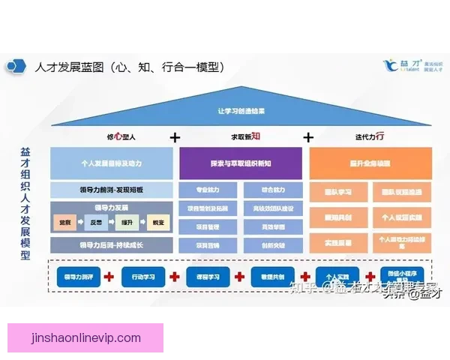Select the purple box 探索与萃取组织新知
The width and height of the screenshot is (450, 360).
pos(241,162)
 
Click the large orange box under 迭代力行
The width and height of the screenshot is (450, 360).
pos(370,162)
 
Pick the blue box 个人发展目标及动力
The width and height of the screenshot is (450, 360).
pos(111,162)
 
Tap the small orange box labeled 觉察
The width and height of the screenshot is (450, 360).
pos(65,223)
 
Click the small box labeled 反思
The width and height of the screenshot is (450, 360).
pos(96,223)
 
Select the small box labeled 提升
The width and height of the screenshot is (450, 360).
pos(127,223)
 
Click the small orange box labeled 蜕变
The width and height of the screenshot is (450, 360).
pos(157,223)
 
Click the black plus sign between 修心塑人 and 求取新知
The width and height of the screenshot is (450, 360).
pos(175,137)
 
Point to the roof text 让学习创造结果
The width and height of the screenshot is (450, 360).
pos(241,111)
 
